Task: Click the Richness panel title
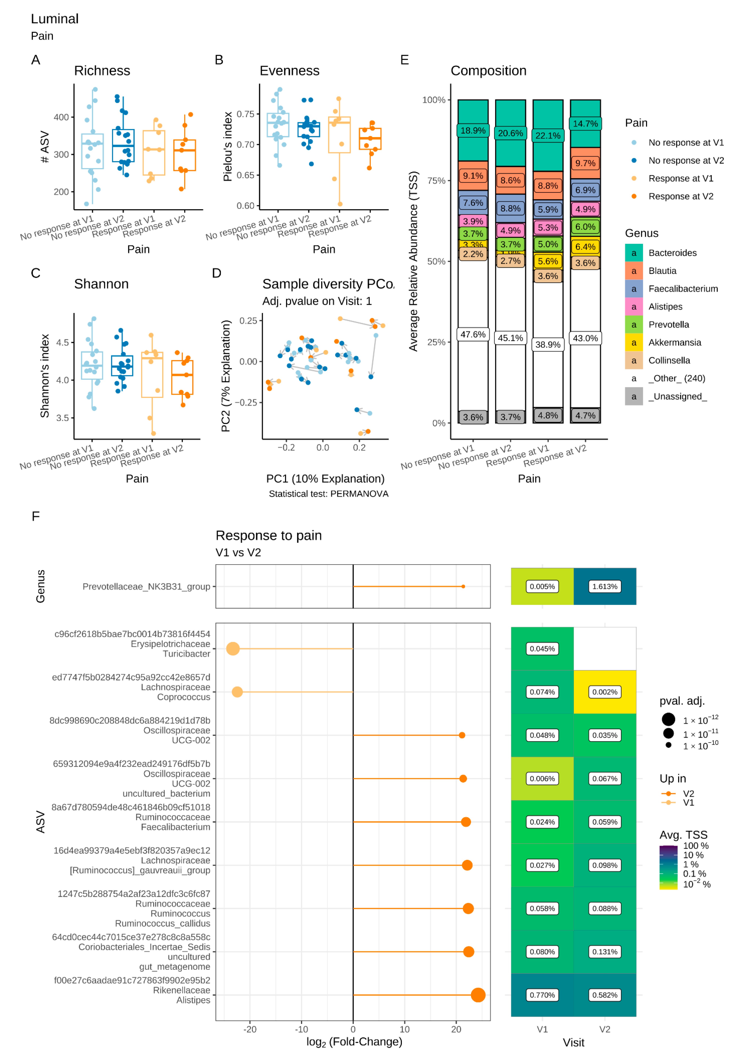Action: click(x=102, y=71)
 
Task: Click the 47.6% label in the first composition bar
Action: click(x=473, y=334)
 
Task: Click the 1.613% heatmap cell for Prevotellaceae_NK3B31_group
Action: click(x=605, y=586)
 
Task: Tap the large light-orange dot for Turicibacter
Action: click(x=233, y=649)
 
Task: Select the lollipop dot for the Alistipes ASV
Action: click(x=478, y=995)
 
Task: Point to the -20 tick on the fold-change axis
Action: click(x=250, y=1029)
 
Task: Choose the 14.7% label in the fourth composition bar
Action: click(x=585, y=123)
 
